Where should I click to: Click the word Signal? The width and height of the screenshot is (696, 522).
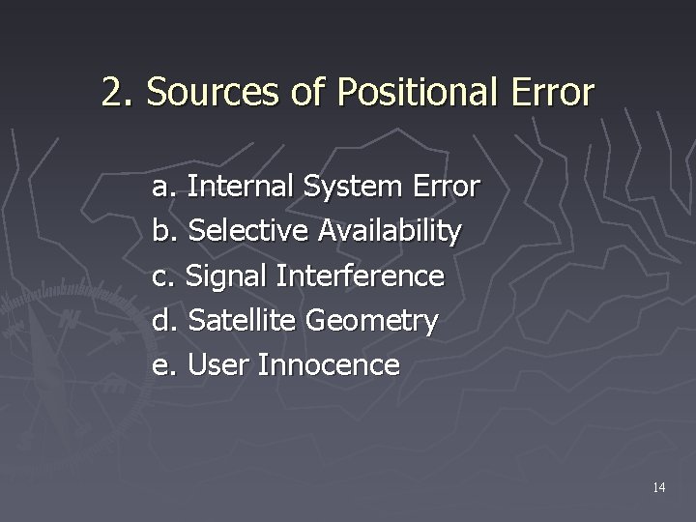[225, 276]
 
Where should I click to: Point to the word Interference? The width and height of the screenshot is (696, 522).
[360, 276]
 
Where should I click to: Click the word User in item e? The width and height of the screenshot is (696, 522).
[214, 365]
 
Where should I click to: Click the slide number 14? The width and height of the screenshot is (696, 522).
[658, 487]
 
